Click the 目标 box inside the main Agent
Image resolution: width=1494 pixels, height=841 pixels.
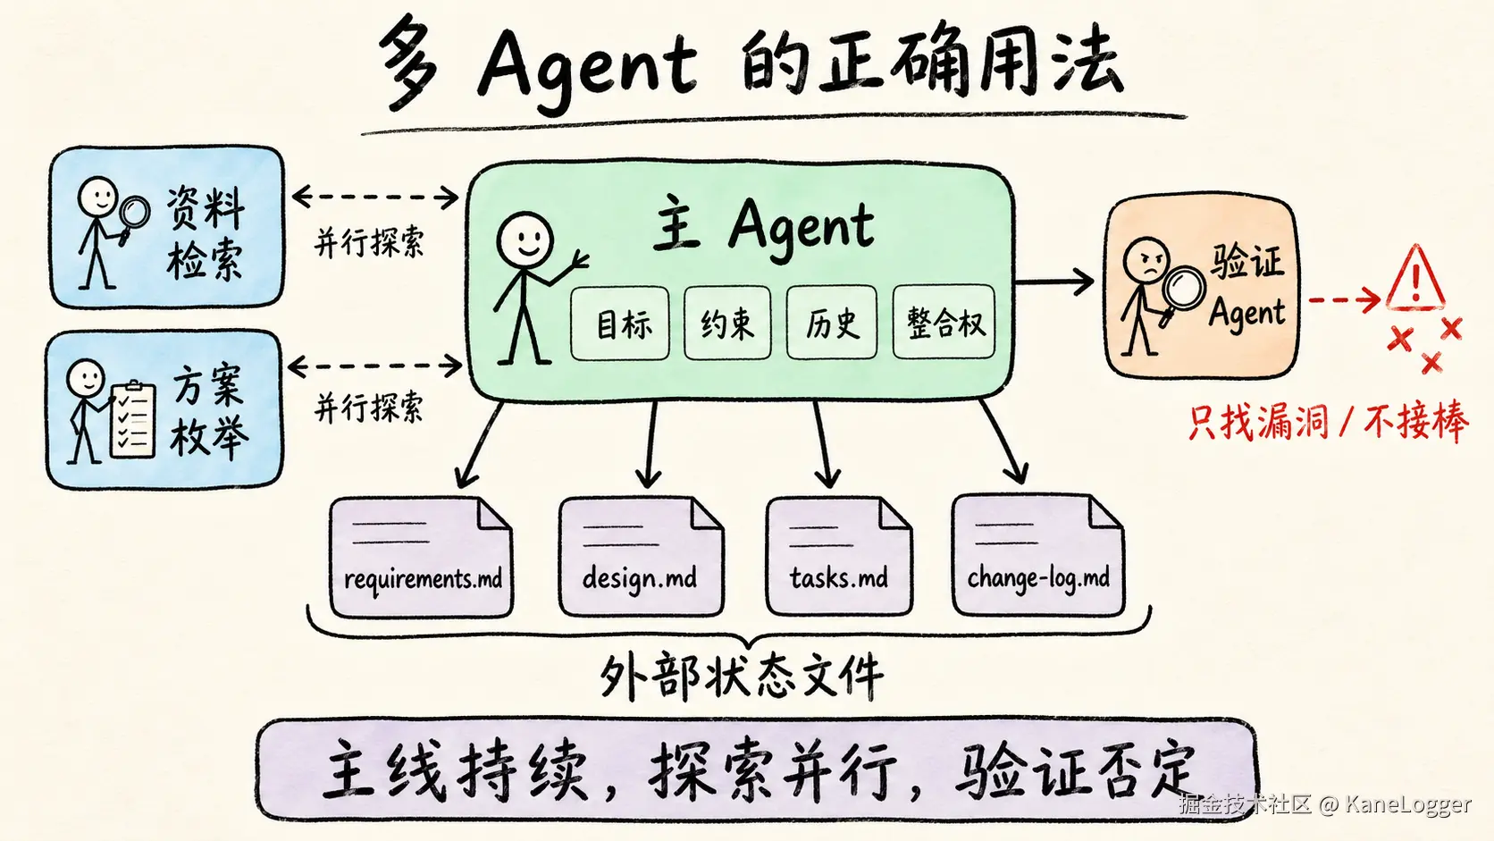tap(619, 324)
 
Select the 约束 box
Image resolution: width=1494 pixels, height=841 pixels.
tap(727, 324)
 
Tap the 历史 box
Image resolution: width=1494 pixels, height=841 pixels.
tap(831, 324)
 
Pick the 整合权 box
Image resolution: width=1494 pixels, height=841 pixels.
tap(944, 322)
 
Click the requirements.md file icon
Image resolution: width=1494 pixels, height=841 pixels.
tap(422, 557)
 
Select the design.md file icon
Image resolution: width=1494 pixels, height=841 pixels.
tap(642, 557)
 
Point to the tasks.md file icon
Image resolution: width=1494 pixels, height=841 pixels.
tap(839, 556)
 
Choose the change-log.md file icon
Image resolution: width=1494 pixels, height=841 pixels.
tap(1038, 555)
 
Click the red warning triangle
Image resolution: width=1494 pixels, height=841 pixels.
tap(1415, 279)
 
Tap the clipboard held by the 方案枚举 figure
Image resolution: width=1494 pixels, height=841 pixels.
tap(133, 419)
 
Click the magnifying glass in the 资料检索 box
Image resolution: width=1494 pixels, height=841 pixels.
tap(134, 217)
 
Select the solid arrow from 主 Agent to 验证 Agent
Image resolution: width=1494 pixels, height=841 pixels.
tap(1053, 282)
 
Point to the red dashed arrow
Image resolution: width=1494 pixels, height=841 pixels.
tap(1344, 299)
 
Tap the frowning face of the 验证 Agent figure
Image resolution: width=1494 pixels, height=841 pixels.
tap(1146, 260)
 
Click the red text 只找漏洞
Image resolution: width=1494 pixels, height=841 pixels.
tap(1258, 422)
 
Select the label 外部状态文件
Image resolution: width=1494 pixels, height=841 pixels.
tap(741, 676)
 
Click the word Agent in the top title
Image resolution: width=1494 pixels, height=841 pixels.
tap(587, 67)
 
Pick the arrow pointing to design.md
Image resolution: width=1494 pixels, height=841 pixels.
tap(650, 444)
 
